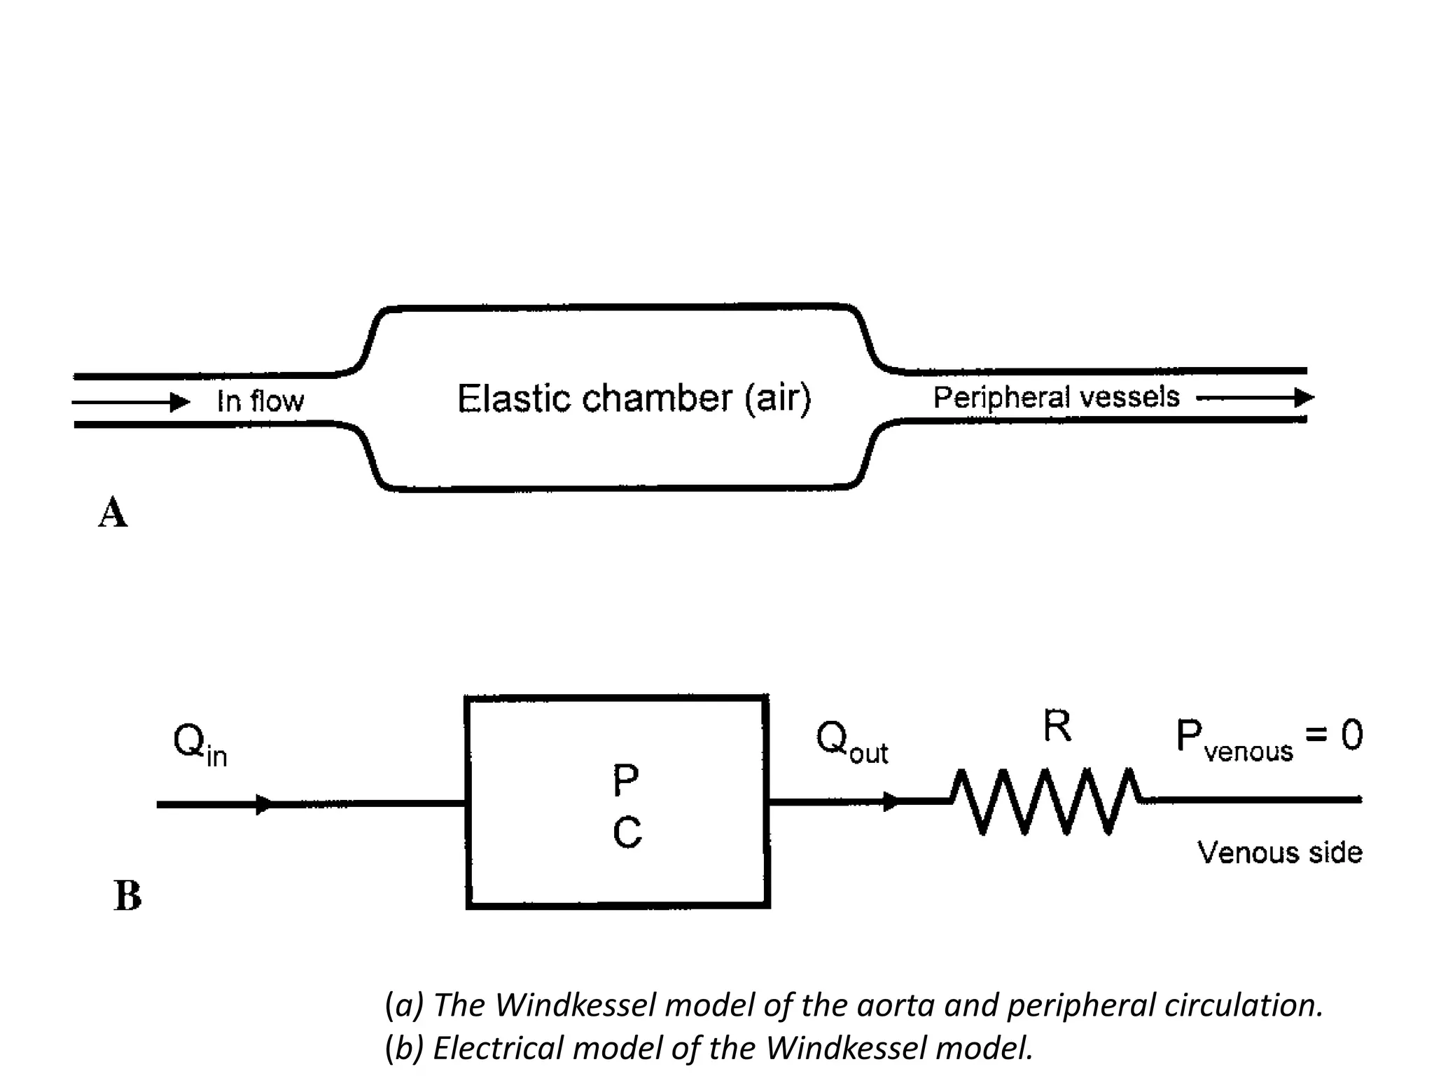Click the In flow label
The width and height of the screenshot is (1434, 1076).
260,401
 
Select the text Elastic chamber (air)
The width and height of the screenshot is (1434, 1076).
634,399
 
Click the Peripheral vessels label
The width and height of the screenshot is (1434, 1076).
1056,398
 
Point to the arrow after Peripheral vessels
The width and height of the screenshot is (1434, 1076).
1256,398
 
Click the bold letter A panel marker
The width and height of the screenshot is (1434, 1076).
113,513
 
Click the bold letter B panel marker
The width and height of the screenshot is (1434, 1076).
127,896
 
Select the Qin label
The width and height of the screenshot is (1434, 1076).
200,744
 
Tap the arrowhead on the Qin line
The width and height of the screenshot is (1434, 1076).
264,804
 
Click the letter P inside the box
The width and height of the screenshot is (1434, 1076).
625,780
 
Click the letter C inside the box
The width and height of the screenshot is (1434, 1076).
627,834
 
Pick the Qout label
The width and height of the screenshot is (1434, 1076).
851,742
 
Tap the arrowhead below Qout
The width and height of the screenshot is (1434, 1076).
891,801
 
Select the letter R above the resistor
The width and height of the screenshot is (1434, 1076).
1057,726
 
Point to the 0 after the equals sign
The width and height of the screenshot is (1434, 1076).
1352,736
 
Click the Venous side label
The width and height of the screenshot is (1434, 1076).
1279,853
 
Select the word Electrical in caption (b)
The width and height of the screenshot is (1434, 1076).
498,1048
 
